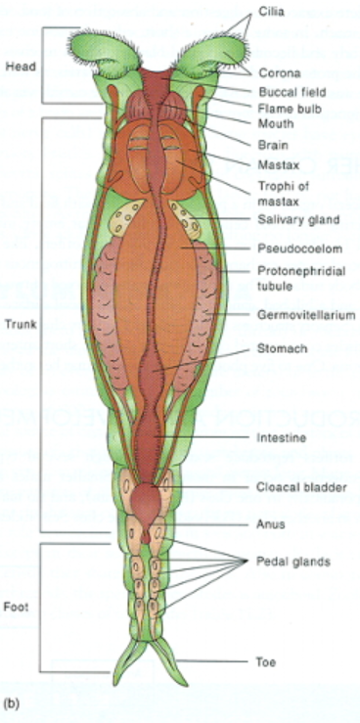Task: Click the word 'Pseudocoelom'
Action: click(x=292, y=249)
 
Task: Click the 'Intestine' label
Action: click(x=281, y=437)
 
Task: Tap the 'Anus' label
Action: click(x=270, y=524)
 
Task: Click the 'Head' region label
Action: click(x=21, y=67)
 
